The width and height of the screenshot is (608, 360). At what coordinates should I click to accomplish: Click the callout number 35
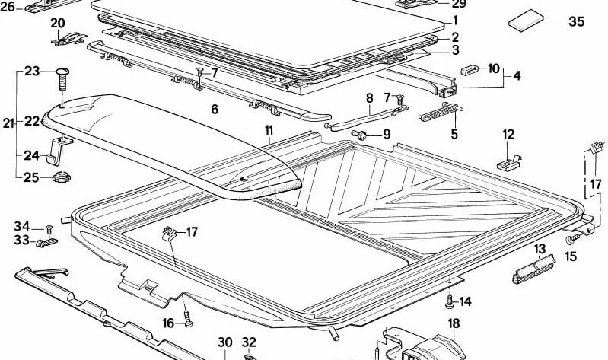[x=577, y=21]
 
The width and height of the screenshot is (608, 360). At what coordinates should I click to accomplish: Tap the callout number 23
[x=31, y=71]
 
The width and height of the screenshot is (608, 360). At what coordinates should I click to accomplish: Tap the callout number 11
[x=269, y=130]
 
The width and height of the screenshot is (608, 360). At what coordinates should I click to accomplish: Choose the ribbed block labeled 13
[x=530, y=268]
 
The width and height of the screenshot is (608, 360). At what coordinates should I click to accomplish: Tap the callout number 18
[x=454, y=324]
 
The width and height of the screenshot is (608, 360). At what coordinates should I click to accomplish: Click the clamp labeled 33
[x=45, y=243]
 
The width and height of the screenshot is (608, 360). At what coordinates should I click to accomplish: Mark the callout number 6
[x=215, y=109]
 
